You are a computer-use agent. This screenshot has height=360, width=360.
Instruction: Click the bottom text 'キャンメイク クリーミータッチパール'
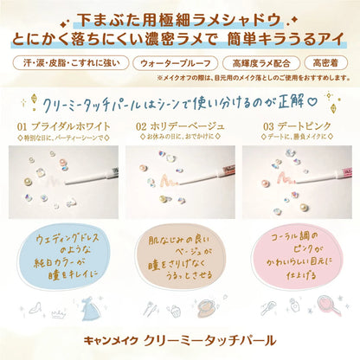pos(180,337)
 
